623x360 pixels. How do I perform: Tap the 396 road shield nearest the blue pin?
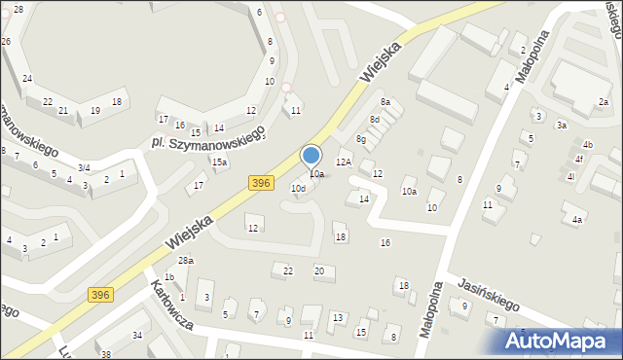click(260, 182)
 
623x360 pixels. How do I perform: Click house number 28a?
click(185, 261)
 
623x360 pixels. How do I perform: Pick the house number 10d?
click(298, 189)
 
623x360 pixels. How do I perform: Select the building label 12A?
click(343, 162)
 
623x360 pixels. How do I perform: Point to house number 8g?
click(360, 140)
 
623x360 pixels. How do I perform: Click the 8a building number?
click(385, 102)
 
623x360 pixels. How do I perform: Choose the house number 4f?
click(579, 159)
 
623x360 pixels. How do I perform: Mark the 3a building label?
click(562, 126)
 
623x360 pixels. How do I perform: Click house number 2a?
click(604, 102)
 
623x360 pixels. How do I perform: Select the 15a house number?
click(220, 162)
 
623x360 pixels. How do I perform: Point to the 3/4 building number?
click(85, 168)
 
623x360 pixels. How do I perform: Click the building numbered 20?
click(318, 270)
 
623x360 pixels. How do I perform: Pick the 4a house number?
click(577, 220)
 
